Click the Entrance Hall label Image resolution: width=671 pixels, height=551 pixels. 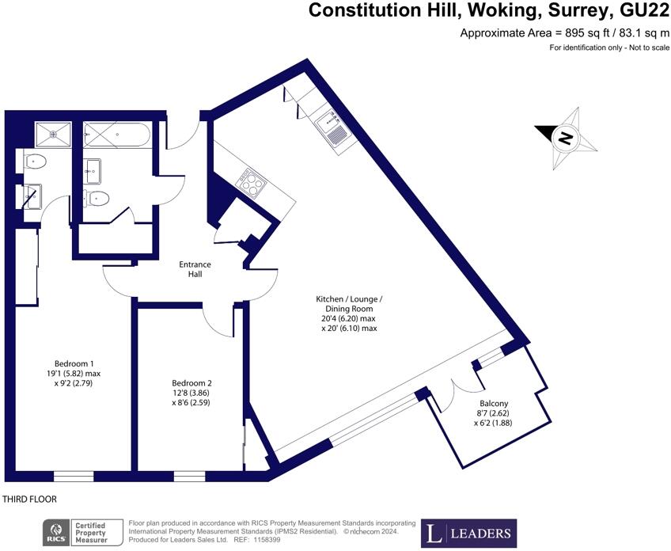point(195,269)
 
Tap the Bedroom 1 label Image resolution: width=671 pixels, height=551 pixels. point(74,363)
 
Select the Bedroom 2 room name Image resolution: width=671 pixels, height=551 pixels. point(191,383)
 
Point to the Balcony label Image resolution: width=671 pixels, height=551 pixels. point(494,403)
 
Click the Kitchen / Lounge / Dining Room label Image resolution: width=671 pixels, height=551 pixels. point(349,303)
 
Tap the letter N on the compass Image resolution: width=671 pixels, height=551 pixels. point(566,138)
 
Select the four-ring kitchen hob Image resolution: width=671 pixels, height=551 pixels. point(251,183)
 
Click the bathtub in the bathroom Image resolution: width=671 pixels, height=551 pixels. point(117,135)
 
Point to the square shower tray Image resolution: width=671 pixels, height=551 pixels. point(53,135)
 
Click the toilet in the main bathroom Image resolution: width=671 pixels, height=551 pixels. point(97,199)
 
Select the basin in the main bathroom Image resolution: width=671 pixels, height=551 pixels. point(92,171)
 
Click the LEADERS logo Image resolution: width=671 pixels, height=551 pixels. point(468,533)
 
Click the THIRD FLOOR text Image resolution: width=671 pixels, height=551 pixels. point(29,500)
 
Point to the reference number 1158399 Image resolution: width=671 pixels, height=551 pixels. point(266,540)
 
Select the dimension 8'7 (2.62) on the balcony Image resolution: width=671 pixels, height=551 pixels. point(493,413)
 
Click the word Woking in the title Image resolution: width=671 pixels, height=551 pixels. point(503,10)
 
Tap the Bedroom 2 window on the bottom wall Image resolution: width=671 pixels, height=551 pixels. point(190,476)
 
